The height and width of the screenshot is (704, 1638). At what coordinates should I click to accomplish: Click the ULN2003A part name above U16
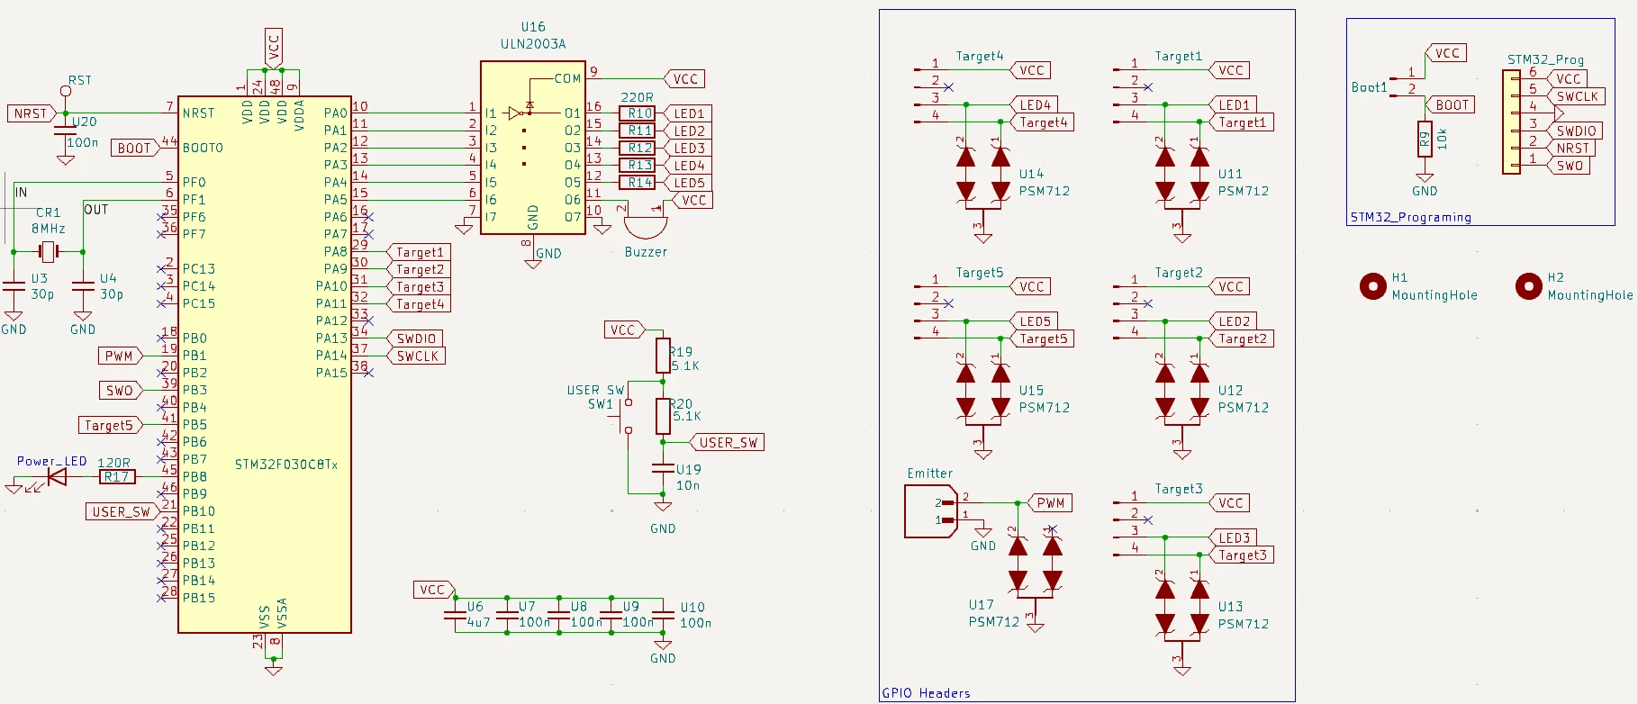click(533, 43)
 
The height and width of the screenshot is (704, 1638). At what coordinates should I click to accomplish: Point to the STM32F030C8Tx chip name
click(286, 465)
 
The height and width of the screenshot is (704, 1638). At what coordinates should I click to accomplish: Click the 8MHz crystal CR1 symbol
click(49, 252)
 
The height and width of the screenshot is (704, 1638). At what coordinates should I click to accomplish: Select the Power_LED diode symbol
click(57, 476)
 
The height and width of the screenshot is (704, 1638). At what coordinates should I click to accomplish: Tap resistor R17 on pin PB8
click(117, 477)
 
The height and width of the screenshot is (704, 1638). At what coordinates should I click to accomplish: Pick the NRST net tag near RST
click(32, 113)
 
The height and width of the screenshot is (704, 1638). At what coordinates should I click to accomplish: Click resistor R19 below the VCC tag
click(663, 356)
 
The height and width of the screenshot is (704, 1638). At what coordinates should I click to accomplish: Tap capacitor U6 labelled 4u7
click(456, 616)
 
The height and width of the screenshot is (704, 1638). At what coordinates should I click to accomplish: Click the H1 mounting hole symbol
click(1372, 286)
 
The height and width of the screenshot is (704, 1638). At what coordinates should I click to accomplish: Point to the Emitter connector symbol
click(930, 511)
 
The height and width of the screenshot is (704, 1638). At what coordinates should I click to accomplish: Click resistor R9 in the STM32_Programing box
click(1425, 140)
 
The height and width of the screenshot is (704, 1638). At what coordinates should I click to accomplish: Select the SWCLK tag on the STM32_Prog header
click(1577, 96)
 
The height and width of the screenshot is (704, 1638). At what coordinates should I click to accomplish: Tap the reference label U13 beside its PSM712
click(1230, 607)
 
